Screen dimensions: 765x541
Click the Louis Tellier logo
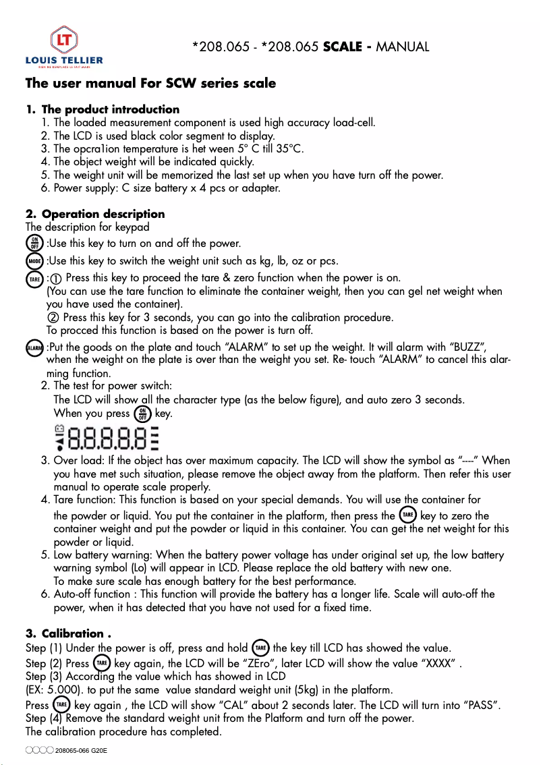[64, 47]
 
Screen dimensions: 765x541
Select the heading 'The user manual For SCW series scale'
[150, 84]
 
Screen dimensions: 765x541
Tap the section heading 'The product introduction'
[111, 109]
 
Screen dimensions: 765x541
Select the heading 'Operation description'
[103, 215]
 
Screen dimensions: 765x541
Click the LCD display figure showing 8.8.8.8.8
[107, 438]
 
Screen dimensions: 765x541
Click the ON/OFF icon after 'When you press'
[142, 414]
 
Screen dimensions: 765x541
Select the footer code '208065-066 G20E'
[81, 751]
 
